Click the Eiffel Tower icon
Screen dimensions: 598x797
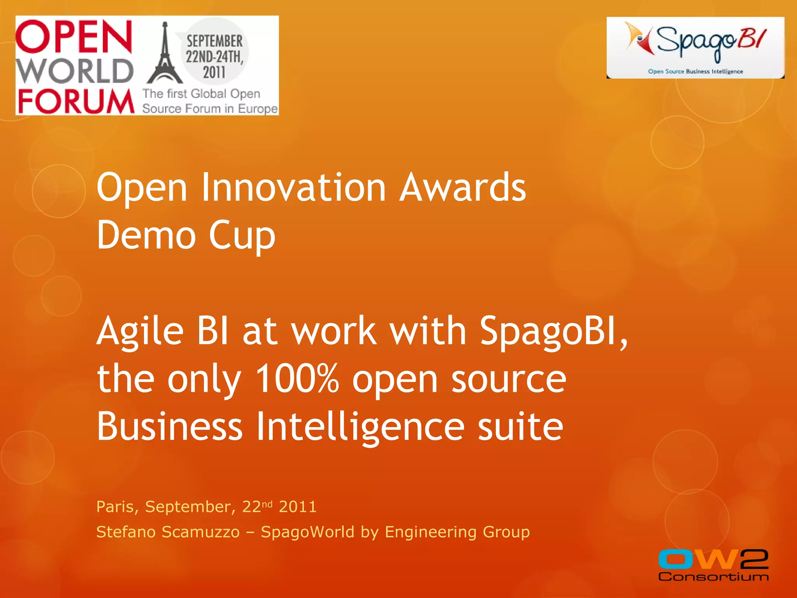coord(165,55)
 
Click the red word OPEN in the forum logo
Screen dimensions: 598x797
coord(74,37)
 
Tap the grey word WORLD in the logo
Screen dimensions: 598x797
coord(75,71)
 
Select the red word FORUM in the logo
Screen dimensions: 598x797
coord(76,101)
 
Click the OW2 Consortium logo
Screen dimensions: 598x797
coord(713,565)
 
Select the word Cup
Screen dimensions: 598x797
coord(242,236)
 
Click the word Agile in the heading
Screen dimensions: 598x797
coord(140,331)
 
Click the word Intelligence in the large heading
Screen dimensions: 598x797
coord(360,427)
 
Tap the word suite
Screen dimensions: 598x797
coord(520,427)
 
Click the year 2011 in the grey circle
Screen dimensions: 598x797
coord(214,72)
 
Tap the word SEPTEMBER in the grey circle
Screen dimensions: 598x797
coord(214,41)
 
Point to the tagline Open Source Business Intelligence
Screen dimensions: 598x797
coord(695,71)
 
